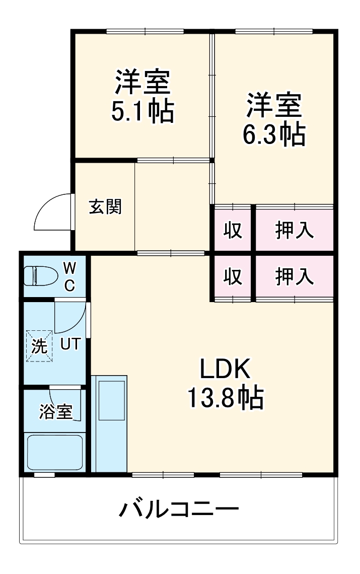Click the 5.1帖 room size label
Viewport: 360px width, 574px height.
142,111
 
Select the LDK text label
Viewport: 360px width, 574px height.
225,371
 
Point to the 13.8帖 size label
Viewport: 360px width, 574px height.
225,398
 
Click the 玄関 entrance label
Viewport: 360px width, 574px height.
105,206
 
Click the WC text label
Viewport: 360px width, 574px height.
69,276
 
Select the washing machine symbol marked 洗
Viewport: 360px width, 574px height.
39,345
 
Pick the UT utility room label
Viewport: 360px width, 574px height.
70,345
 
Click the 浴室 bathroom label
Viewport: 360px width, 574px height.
56,411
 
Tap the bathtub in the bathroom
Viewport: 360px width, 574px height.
54,452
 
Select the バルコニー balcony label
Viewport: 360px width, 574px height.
179,510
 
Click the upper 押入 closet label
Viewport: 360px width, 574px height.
295,230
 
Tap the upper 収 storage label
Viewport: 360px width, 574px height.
233,230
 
